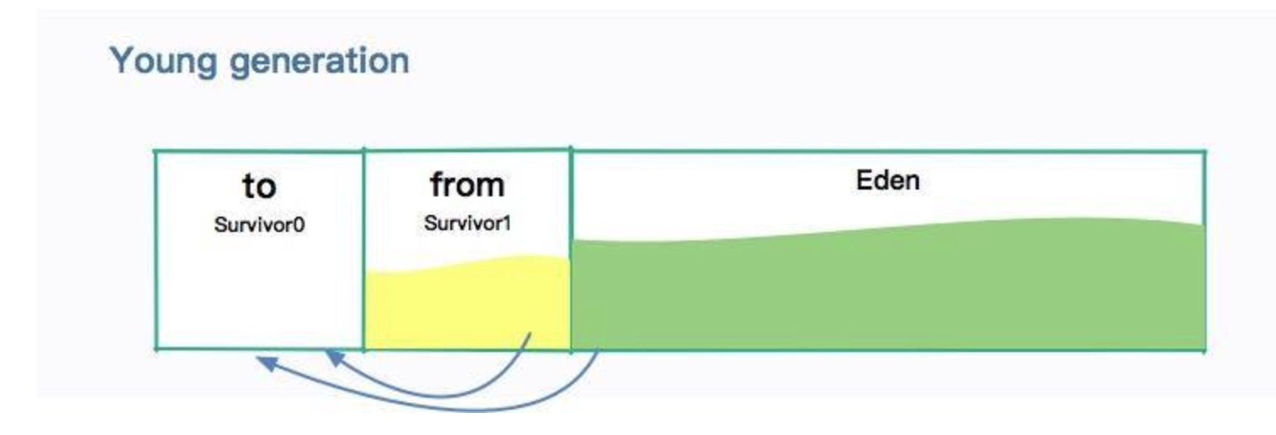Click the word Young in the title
click(159, 61)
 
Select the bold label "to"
click(259, 186)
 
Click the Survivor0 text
click(260, 227)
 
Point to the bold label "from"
click(466, 184)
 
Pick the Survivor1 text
click(466, 227)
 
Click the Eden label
click(888, 180)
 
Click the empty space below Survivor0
click(260, 296)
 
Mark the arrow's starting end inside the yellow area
click(530, 334)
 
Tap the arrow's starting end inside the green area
click(598, 353)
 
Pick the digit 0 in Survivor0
click(300, 227)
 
